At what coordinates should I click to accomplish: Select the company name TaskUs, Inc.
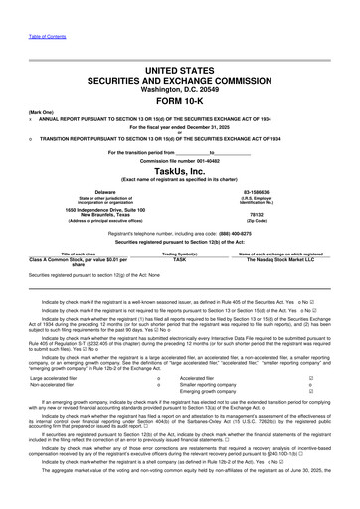[x=180, y=170]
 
